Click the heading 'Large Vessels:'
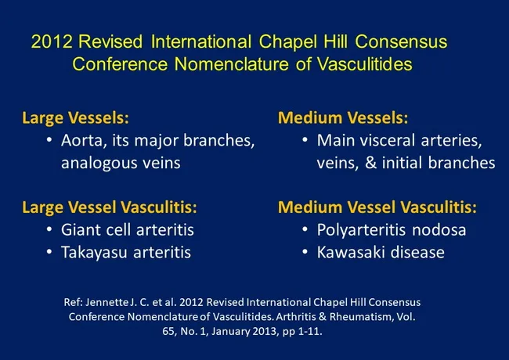tap(75, 119)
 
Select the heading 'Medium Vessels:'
tap(342, 119)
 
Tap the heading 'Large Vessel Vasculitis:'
tap(109, 208)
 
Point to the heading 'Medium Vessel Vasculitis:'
tap(377, 208)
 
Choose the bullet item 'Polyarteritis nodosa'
tap(392, 230)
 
